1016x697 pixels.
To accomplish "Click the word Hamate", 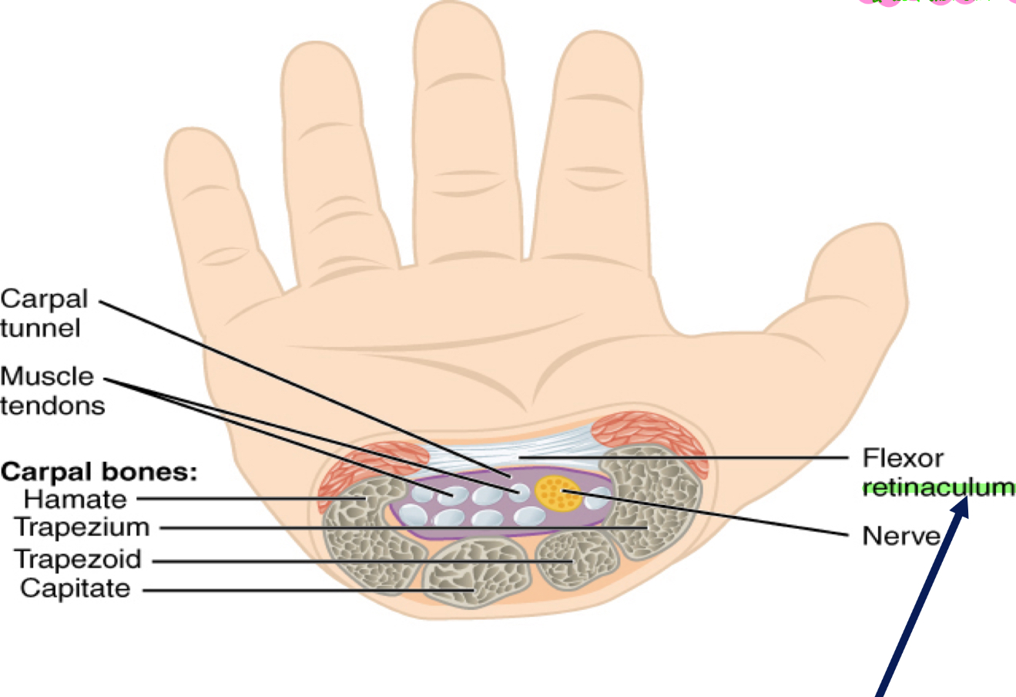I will (75, 499).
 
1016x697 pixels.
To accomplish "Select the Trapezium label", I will (81, 527).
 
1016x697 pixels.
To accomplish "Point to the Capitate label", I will (75, 588).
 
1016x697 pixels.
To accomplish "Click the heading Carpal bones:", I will (99, 471).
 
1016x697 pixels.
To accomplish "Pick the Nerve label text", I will (900, 535).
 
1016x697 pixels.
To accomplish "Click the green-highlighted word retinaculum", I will (937, 487).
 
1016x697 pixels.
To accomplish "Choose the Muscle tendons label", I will (51, 390).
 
